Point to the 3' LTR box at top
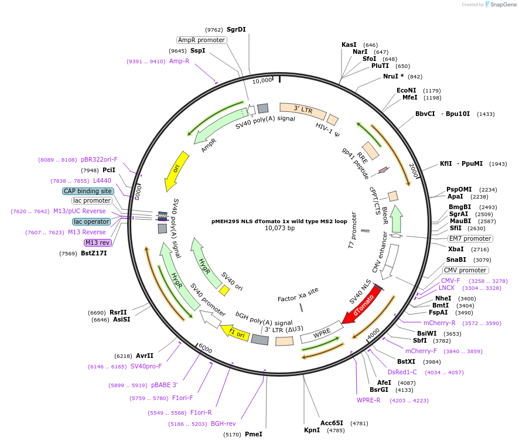pos(303,110)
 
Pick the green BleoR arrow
pos(397,218)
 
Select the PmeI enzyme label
pos(253,434)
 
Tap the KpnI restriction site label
pos(312,430)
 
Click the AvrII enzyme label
pos(144,356)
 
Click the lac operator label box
pos(91,221)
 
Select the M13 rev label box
pos(97,243)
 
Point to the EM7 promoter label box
pos(470,238)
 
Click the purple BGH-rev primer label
pos(223,423)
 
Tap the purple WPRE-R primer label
pos(368,401)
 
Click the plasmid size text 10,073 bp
pos(279,228)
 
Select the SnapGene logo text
pos(502,5)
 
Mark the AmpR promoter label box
pos(202,40)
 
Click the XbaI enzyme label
pos(455,249)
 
